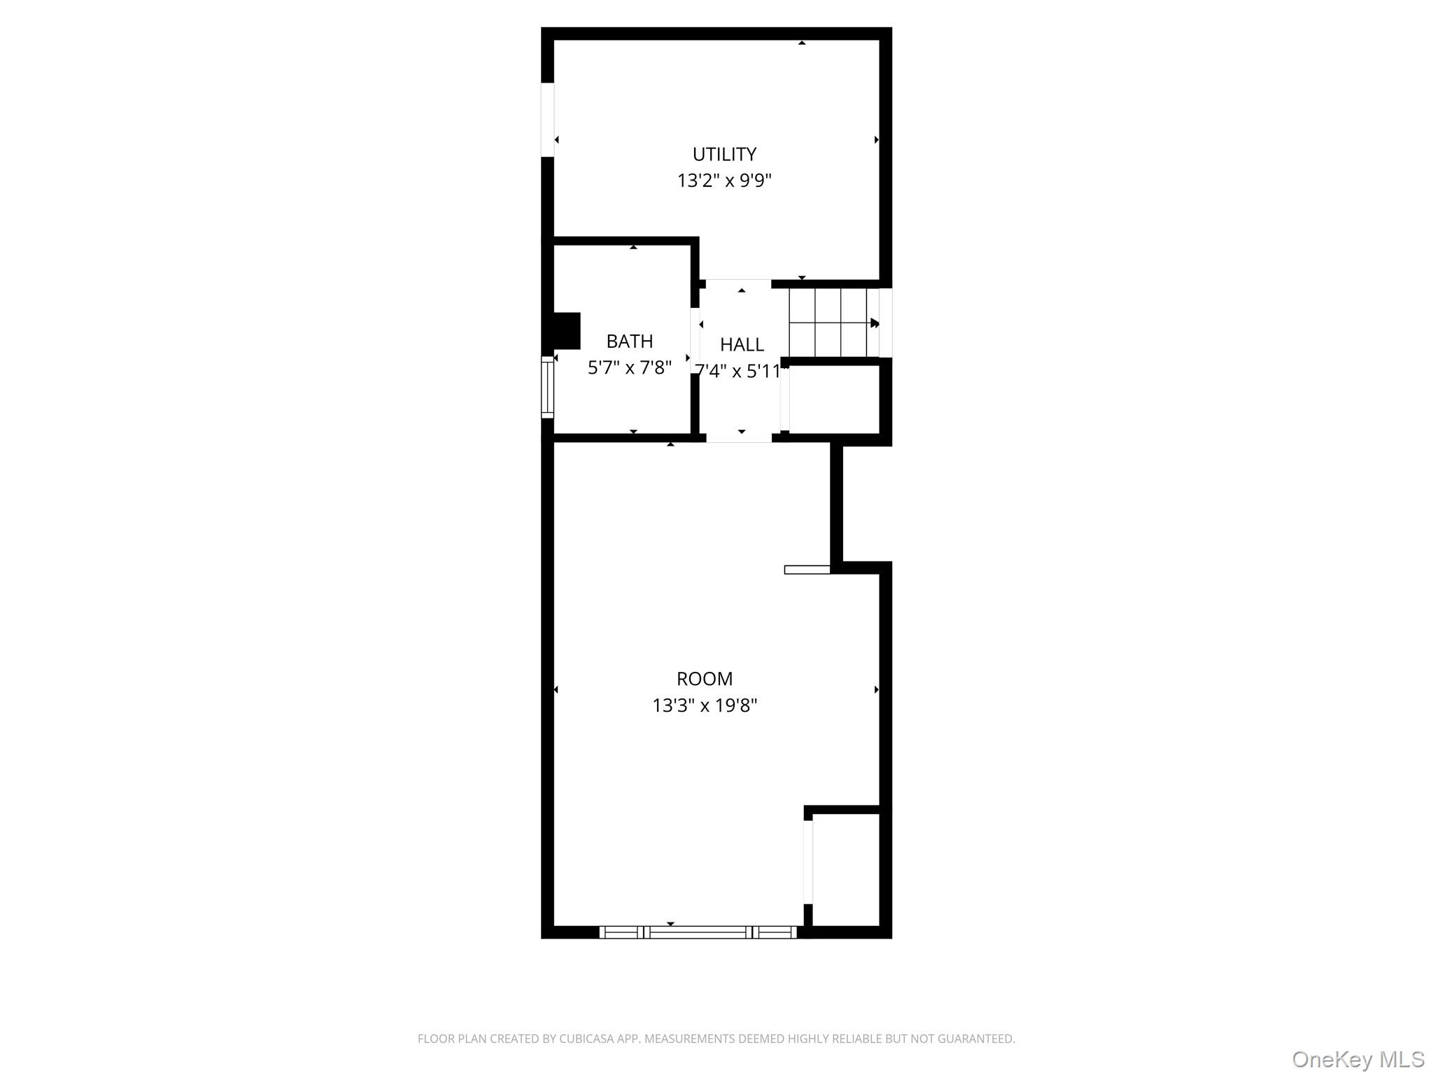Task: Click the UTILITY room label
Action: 724,154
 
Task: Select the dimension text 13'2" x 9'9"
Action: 724,181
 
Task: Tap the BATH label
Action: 630,342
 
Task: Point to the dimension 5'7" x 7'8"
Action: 630,367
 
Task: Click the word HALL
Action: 742,344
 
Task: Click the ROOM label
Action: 705,679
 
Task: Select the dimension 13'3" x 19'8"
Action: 705,705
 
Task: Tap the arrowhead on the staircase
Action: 875,323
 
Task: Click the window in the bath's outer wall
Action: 547,387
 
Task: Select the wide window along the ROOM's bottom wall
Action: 698,932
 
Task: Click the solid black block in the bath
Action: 567,330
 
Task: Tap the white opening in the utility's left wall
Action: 547,120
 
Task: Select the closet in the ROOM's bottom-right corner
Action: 846,869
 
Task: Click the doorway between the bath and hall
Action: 695,341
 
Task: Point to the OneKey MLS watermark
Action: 1358,1060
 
